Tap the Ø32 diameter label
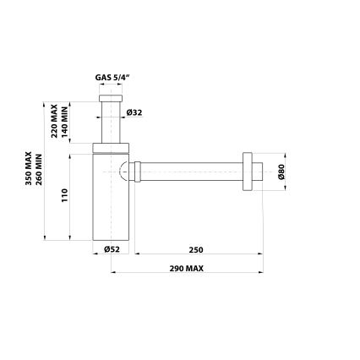point(133,112)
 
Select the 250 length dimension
point(196,251)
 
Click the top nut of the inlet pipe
point(108,100)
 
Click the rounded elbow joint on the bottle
point(125,172)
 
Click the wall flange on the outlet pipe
point(247,171)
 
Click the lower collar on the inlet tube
point(108,140)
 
